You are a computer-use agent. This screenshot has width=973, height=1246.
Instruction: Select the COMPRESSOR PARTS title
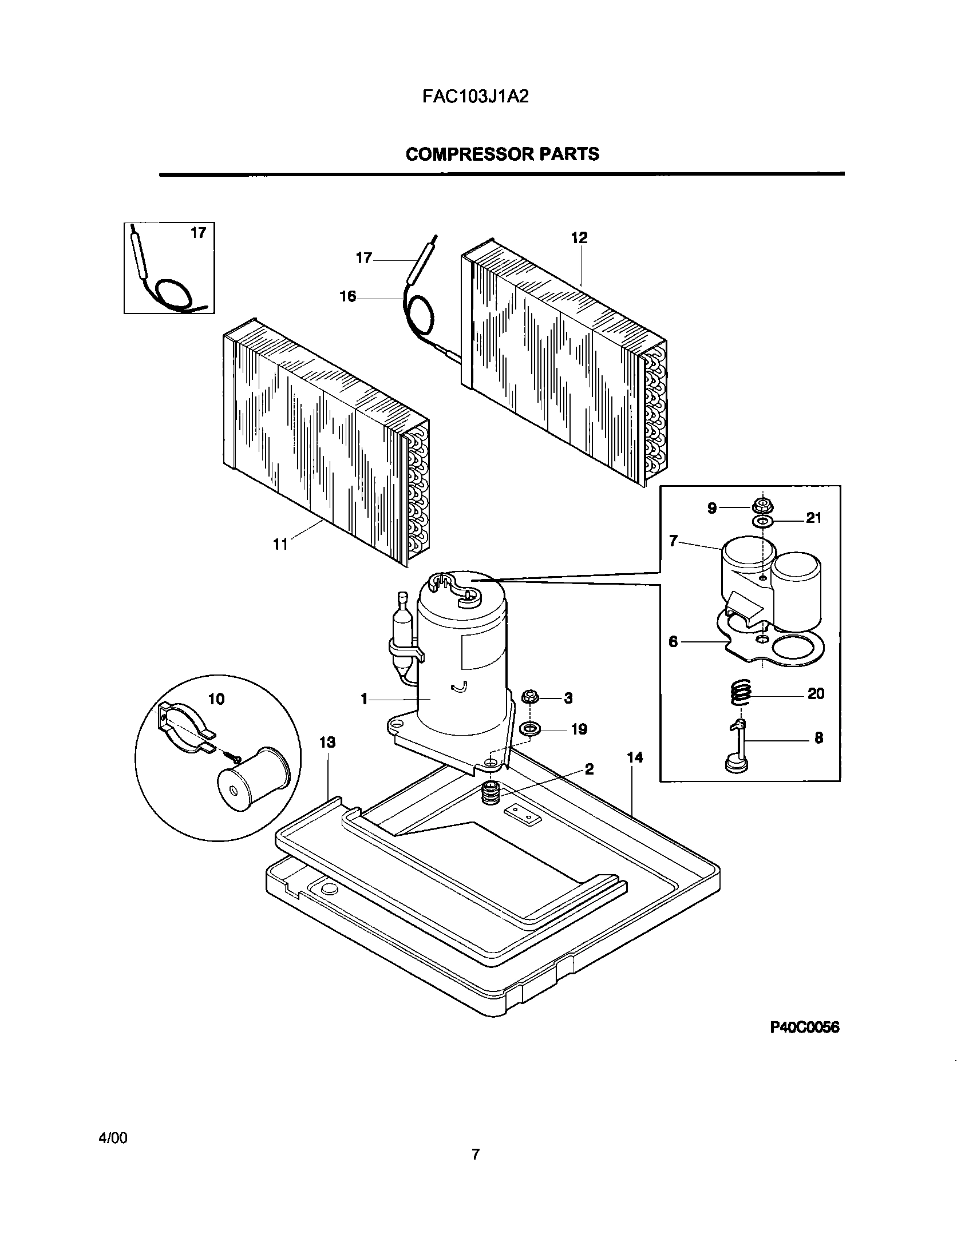502,154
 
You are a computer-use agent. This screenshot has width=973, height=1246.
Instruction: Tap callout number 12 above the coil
579,238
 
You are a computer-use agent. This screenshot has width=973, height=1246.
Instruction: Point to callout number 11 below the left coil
280,544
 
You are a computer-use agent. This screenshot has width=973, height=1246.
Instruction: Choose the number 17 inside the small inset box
198,233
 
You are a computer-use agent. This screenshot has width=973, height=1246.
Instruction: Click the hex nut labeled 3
529,697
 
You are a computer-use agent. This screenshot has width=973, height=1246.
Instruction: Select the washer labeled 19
529,729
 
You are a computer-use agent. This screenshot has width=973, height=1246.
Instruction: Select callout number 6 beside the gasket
673,642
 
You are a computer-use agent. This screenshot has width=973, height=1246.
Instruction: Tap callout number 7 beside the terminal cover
673,540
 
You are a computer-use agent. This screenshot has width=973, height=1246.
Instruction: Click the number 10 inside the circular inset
216,699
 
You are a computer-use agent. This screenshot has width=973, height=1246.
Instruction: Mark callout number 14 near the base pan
635,758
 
